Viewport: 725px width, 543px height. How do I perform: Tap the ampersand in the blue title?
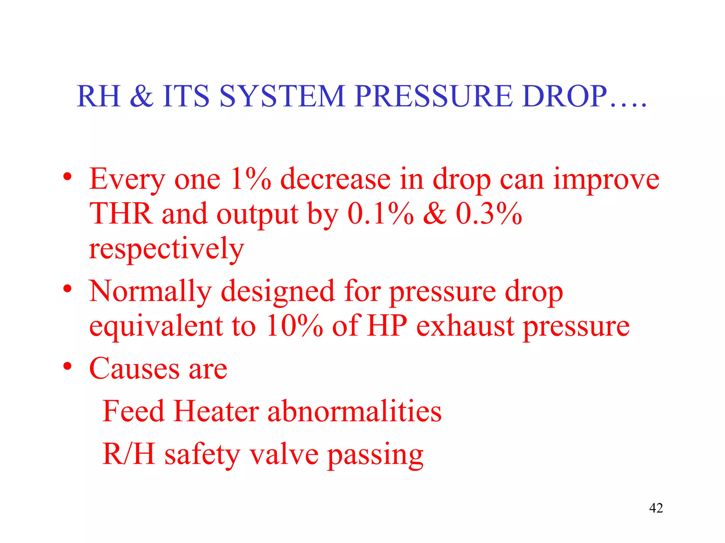coord(141,96)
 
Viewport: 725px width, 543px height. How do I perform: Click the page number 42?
coord(656,508)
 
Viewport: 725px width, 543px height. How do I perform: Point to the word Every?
coord(127,179)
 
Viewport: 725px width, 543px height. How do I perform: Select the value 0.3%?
coord(489,214)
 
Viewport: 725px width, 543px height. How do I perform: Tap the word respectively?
coord(166,249)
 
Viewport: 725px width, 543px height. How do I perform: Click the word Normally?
coord(150,292)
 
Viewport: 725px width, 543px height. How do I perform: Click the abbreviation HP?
coord(387,326)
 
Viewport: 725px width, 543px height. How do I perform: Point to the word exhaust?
coord(465,326)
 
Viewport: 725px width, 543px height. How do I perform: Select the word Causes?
coord(135,369)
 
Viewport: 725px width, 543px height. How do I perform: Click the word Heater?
coord(216,411)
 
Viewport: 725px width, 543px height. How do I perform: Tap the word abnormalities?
coord(354,411)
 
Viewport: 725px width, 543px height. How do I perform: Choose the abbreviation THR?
coord(121,214)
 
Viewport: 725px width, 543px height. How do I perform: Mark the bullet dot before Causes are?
coord(67,367)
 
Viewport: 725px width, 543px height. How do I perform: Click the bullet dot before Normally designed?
coord(67,289)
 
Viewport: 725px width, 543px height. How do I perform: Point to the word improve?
coord(606,179)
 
